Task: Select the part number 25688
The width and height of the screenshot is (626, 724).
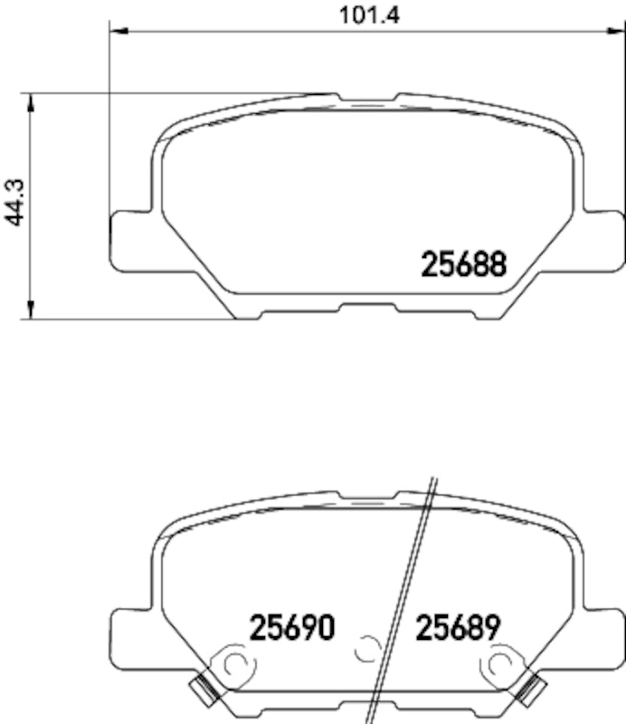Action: pos(463,264)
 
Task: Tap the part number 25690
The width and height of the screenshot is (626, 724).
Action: pos(292,626)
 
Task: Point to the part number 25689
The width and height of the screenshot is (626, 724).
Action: pos(457,626)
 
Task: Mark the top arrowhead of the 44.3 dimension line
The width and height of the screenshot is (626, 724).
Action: pos(32,100)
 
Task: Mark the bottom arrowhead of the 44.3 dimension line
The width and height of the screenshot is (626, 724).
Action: pos(32,311)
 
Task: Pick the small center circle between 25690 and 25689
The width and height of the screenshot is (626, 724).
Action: pos(366,648)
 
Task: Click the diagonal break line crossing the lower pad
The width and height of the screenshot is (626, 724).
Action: pos(407,597)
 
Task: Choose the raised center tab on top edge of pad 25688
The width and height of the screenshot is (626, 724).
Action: pos(366,97)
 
